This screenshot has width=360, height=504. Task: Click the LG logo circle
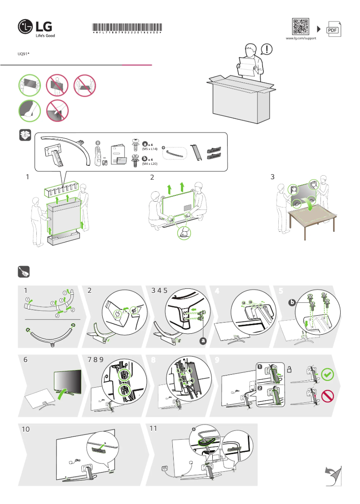tap(25, 27)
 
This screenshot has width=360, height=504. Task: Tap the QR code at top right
tap(301, 27)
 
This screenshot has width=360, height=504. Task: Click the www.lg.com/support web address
tap(301, 39)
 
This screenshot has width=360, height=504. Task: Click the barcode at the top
tap(127, 27)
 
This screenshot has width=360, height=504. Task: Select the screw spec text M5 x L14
tap(150, 149)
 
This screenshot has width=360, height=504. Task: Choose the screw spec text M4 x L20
tap(150, 164)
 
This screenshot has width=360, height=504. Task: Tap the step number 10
tap(26, 429)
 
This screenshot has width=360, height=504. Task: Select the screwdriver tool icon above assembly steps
tap(24, 272)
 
